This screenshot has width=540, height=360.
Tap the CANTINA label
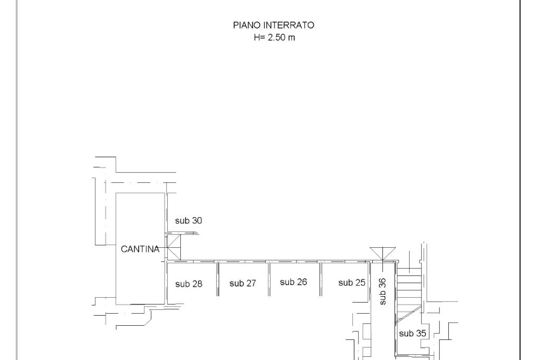140,249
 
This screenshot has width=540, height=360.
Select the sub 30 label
188,221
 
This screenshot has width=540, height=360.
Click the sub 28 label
188,284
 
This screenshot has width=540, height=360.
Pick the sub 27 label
243,284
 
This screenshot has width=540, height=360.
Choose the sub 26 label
293,282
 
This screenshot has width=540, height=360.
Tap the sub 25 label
352,283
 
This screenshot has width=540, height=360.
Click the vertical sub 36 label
383,291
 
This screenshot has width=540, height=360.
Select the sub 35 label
412,333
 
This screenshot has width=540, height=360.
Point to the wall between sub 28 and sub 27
218,279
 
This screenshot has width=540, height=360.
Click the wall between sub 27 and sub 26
269,279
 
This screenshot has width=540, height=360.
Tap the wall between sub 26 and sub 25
321,279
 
